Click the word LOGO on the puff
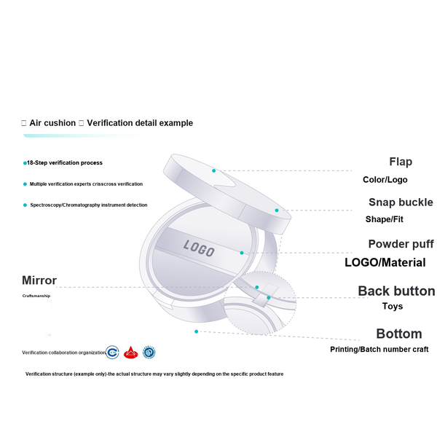click(199, 248)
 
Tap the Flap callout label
click(401, 162)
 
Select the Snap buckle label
click(401, 202)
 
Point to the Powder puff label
click(401, 244)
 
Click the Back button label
click(397, 291)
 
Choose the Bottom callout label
click(399, 334)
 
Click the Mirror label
click(39, 280)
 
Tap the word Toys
click(393, 307)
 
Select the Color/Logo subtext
click(385, 180)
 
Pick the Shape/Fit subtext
click(385, 219)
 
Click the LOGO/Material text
click(385, 262)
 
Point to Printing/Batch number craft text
click(379, 350)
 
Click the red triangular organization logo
click(130, 353)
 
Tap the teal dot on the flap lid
click(213, 170)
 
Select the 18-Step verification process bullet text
click(65, 162)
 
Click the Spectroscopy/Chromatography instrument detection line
click(89, 205)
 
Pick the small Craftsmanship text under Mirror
click(36, 296)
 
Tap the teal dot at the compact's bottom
click(196, 331)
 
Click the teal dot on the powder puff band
click(242, 253)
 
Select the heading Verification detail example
click(140, 123)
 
